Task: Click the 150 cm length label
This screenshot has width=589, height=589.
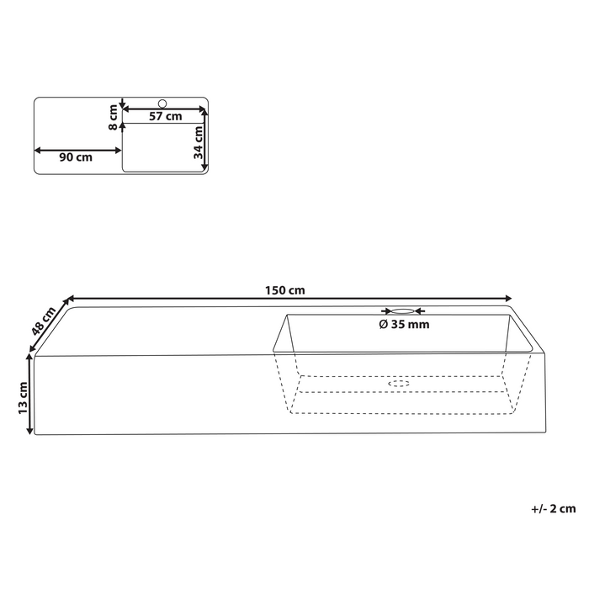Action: click(x=284, y=290)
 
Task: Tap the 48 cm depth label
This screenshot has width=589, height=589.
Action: click(x=43, y=321)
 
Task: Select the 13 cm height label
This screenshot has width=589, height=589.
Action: click(x=23, y=398)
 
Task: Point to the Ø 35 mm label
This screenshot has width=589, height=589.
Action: click(x=404, y=324)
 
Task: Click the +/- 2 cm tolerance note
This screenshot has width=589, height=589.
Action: click(x=554, y=508)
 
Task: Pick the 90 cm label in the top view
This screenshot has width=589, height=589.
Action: click(x=76, y=157)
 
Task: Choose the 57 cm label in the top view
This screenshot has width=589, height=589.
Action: click(x=165, y=116)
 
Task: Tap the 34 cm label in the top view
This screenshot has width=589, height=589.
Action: click(x=198, y=142)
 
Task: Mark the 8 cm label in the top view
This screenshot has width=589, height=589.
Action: click(x=113, y=118)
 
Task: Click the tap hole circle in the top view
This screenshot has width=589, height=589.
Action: click(x=162, y=103)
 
